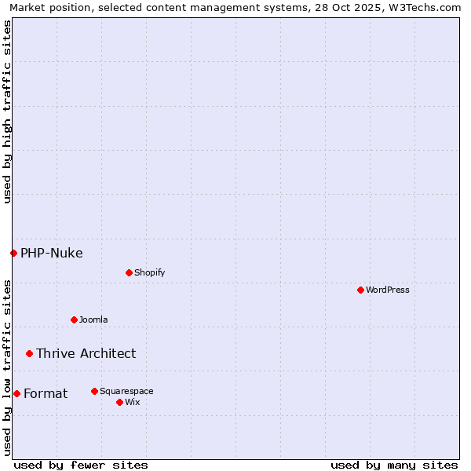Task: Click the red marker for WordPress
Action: pos(360,290)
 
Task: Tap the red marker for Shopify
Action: pos(129,272)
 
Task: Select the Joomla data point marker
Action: pos(74,319)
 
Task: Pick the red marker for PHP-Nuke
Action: pos(13,253)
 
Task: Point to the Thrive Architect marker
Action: pos(29,353)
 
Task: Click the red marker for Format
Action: pos(16,393)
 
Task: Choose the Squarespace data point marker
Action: pos(94,391)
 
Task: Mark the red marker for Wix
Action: pos(119,402)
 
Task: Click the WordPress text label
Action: pos(388,290)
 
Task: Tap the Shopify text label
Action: pos(149,272)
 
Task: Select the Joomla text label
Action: pos(93,319)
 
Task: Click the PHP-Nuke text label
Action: pos(52,253)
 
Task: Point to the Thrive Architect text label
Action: pos(86,353)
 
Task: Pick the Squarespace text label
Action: pos(126,391)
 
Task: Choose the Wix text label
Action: pos(133,402)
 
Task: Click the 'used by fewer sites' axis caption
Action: pos(81,465)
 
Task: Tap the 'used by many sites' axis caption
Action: pos(394,465)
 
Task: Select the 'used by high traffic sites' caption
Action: pos(7,111)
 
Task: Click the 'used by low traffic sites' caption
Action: pos(7,367)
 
